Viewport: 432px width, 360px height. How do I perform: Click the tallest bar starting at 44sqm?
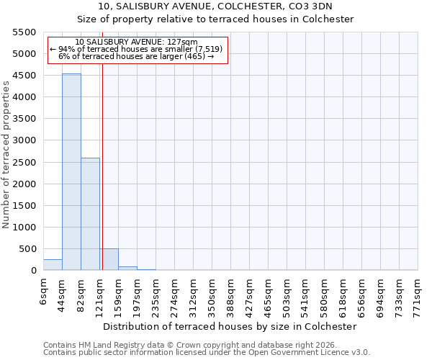tap(71, 172)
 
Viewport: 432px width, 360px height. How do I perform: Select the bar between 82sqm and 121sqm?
tap(90, 214)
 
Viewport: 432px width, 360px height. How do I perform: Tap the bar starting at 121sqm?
tap(109, 259)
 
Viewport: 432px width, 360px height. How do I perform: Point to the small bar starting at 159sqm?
tap(127, 268)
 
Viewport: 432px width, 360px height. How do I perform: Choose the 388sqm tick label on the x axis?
tap(230, 294)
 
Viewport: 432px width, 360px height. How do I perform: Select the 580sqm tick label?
tap(324, 294)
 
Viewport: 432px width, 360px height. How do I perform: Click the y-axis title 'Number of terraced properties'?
tap(6, 155)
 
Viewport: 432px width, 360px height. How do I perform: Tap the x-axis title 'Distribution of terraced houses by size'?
tap(230, 326)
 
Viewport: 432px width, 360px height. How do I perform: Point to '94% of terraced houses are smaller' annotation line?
tap(137, 49)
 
